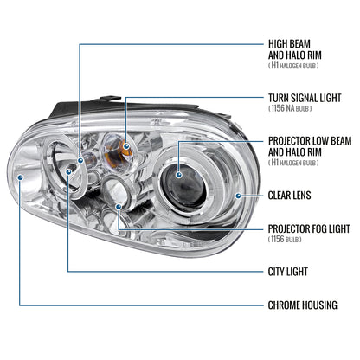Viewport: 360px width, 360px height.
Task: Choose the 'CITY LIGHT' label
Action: (287, 271)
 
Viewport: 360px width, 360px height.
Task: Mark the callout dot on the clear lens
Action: (236, 196)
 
